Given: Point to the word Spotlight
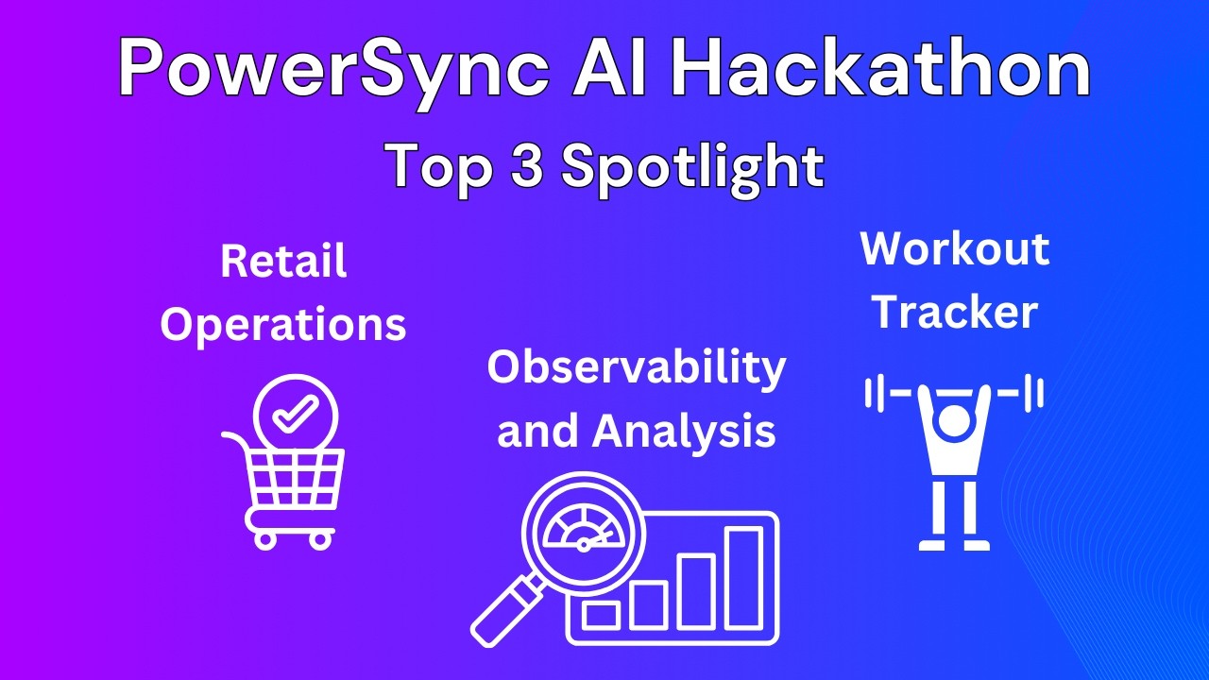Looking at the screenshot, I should coord(692,168).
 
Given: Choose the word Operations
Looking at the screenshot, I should coord(283,324).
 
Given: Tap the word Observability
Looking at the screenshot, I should coord(636,367).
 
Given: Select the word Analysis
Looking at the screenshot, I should coord(684,431).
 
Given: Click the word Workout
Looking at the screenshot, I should coord(955,248).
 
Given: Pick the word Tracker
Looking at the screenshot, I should coord(955,312).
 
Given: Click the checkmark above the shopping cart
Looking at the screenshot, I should coord(296,413).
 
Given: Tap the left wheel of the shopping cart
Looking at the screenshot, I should coord(265,539).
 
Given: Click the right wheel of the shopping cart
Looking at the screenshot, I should coord(321,539).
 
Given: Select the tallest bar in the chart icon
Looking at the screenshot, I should coord(743,578).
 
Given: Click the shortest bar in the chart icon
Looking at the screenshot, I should coord(601,615).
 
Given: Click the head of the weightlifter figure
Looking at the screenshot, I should coord(955,422).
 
